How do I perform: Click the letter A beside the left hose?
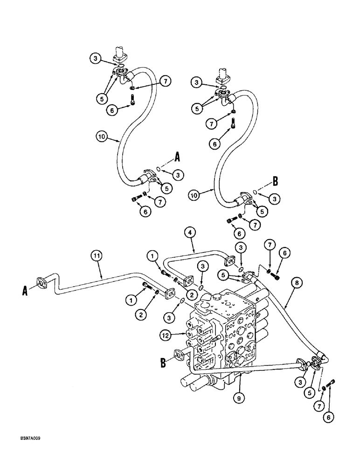point(177,158)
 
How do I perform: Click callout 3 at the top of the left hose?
point(95,58)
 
